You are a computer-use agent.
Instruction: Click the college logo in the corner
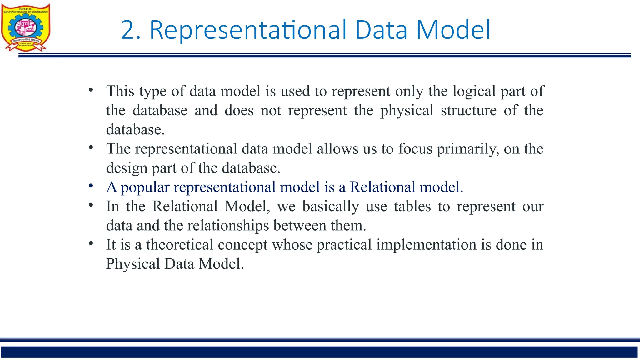point(26,27)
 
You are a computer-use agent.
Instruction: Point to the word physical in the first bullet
point(407,111)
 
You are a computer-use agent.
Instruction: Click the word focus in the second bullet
point(415,149)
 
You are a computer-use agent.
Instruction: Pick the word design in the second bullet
point(127,168)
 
